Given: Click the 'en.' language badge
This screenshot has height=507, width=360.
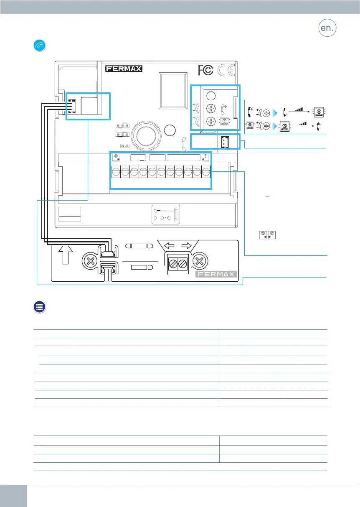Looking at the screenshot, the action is [327, 28].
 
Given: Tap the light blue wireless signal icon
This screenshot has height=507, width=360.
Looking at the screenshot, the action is [40, 46].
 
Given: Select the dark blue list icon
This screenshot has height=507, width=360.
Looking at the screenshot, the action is [40, 307].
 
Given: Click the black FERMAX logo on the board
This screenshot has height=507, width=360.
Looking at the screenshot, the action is [124, 69].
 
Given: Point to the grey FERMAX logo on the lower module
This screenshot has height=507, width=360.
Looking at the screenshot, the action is [216, 274].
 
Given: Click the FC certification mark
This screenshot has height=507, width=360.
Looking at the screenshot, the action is [205, 70].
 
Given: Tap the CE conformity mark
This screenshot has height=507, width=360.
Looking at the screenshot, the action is [226, 70].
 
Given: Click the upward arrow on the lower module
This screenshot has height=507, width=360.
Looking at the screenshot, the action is [66, 255].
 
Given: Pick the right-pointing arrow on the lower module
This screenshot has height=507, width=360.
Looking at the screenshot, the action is [187, 245].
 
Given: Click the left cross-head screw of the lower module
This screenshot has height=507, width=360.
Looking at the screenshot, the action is [91, 261].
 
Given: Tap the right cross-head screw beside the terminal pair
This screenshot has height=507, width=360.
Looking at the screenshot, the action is [200, 261].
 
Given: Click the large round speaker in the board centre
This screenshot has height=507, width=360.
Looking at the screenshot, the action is [146, 135].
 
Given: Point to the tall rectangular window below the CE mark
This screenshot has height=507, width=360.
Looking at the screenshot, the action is [173, 91].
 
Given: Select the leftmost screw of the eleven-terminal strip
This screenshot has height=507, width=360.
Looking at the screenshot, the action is [116, 172].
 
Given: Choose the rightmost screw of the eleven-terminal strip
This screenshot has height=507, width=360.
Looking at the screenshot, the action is [206, 172].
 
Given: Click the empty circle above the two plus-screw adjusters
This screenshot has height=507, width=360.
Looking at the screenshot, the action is [211, 96].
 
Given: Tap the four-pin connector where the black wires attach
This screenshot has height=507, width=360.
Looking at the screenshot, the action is [72, 107].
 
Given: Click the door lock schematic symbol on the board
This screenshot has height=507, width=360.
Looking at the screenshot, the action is [166, 214].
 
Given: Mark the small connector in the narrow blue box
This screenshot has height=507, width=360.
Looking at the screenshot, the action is [225, 142].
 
